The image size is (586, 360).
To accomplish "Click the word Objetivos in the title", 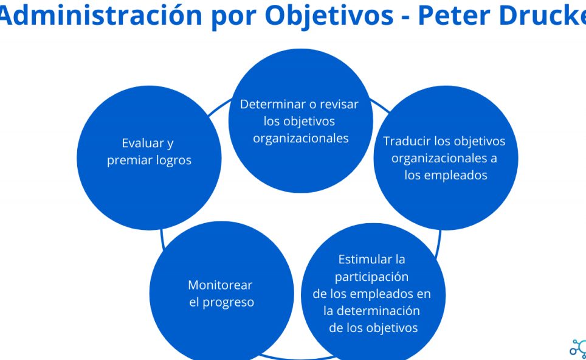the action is click(329, 16).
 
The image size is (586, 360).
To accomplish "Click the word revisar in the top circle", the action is click(339, 104).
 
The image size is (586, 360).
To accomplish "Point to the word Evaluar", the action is click(137, 143).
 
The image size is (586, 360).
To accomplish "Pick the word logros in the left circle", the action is click(174, 161).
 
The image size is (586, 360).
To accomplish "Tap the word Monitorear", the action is click(220, 285).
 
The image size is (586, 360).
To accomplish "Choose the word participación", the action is click(371, 277).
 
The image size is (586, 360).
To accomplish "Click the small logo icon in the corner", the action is click(578, 348).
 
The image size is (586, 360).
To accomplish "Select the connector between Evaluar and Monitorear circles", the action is click(162, 239).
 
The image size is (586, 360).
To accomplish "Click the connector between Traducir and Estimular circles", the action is click(439, 244).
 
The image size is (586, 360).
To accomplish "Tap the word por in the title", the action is click(233, 18).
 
